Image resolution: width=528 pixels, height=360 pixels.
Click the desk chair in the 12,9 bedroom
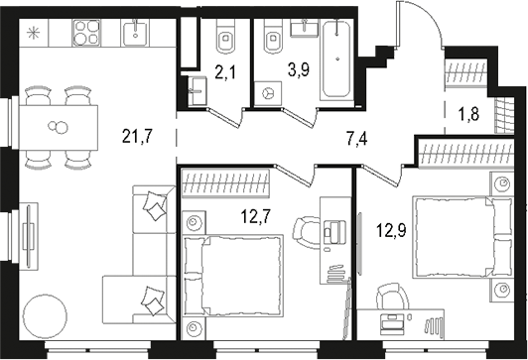tap(391, 299)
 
